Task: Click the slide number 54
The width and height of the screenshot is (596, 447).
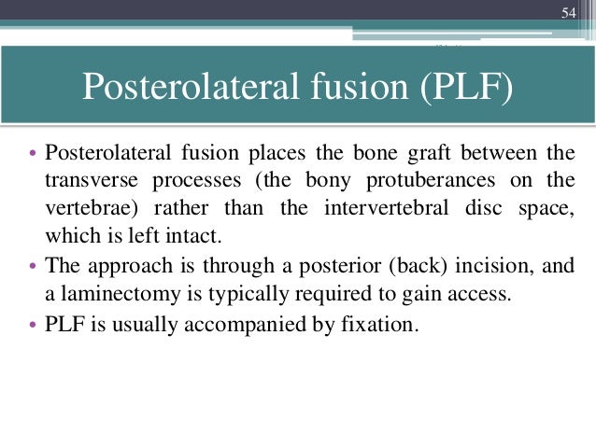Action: click(x=568, y=12)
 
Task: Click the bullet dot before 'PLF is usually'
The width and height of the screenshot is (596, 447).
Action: click(x=34, y=328)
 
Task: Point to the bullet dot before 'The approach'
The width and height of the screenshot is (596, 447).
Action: click(x=34, y=265)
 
